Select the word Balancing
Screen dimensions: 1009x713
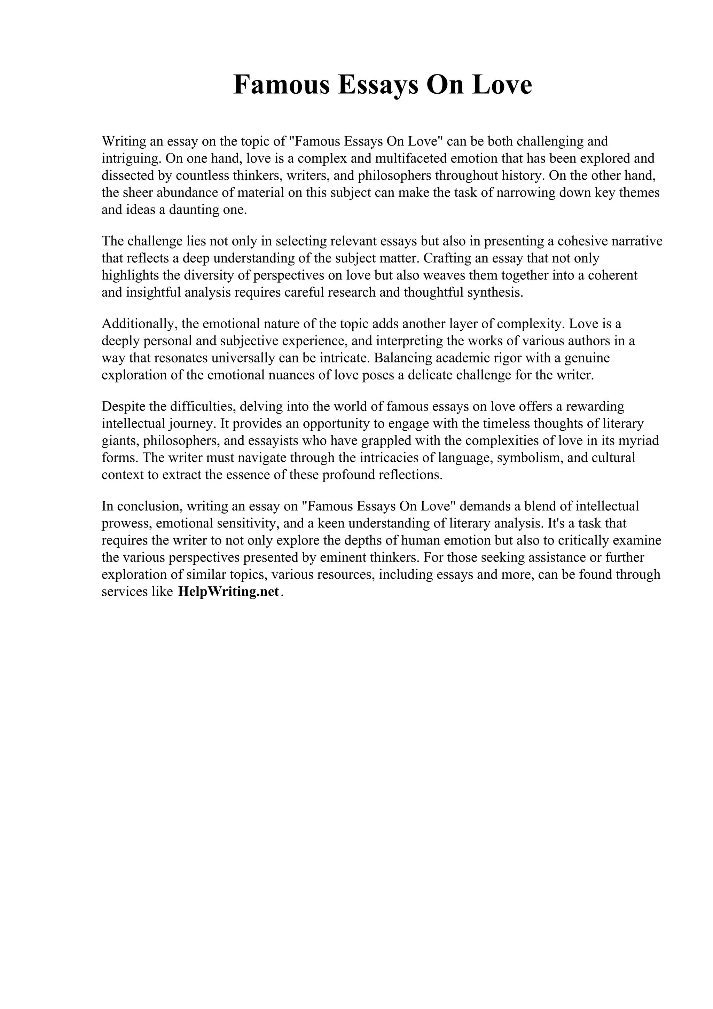point(403,358)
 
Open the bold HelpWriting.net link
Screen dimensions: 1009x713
point(228,592)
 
